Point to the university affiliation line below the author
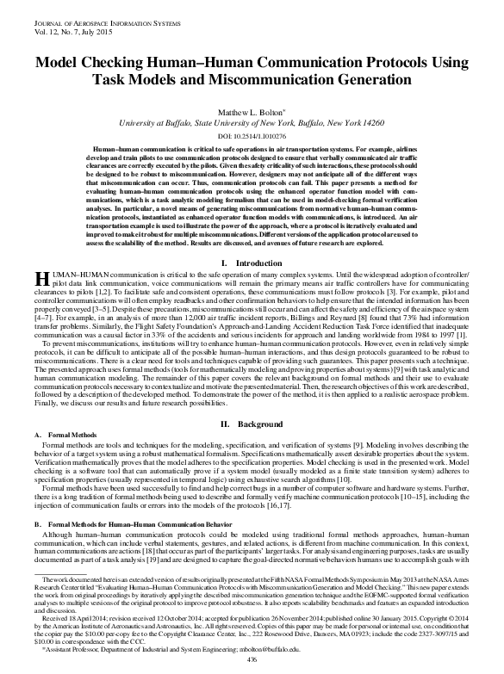tap(252, 124)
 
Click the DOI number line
tap(252, 137)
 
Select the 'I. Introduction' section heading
tap(252, 262)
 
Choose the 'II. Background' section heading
tap(252, 424)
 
